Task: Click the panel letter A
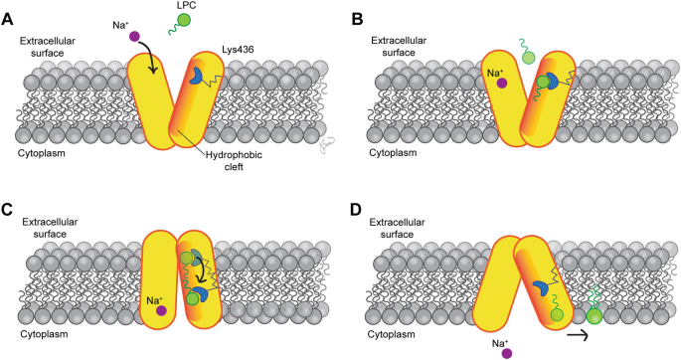(x=8, y=20)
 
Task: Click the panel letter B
(x=357, y=20)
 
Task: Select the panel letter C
(x=8, y=209)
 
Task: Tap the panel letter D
(x=357, y=209)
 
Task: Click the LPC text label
(x=186, y=5)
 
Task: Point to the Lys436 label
(x=238, y=50)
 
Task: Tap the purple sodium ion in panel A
(x=134, y=36)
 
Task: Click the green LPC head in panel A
(x=184, y=20)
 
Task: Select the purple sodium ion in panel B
(x=502, y=83)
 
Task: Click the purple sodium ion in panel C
(x=161, y=310)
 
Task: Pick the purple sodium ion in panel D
(x=506, y=353)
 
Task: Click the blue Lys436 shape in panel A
(x=196, y=75)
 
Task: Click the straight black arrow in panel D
(x=577, y=335)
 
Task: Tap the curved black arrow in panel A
(x=150, y=56)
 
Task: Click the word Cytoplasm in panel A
(x=42, y=153)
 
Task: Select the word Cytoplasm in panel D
(x=392, y=334)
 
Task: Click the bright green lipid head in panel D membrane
(x=594, y=316)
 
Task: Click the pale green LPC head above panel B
(x=528, y=58)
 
